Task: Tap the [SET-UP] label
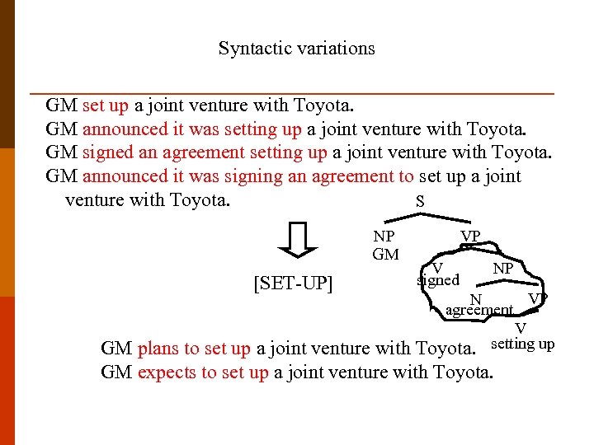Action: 294,284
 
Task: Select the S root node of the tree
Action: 420,201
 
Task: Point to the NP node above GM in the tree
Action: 384,237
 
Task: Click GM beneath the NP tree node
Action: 385,255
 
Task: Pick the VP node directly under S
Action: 470,237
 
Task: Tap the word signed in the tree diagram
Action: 438,280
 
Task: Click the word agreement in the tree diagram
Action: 478,311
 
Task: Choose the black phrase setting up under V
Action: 522,344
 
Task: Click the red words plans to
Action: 168,349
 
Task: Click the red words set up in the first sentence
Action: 106,105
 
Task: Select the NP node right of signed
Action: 503,269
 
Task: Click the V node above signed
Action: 438,268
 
